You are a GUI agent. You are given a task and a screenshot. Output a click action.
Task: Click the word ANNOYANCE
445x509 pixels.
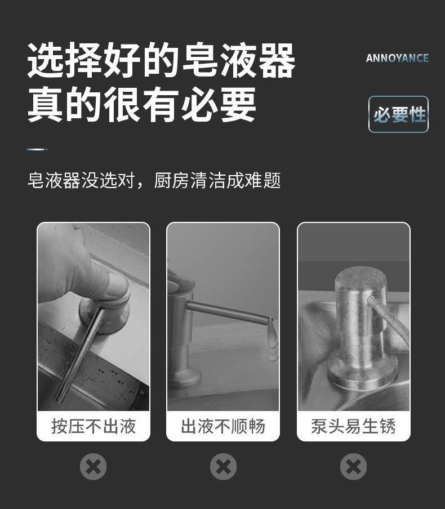[397, 58]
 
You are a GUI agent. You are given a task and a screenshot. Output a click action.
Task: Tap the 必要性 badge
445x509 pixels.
[399, 114]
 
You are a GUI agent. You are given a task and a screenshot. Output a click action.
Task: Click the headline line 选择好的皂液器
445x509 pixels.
[161, 60]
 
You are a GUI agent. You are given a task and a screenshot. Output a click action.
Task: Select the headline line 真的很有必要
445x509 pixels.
[141, 104]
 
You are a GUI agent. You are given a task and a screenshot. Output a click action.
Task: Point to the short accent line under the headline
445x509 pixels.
[37, 149]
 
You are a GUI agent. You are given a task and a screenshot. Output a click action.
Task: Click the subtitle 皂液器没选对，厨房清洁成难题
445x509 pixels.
[154, 181]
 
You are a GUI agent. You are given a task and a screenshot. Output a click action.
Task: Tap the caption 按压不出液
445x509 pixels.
[94, 426]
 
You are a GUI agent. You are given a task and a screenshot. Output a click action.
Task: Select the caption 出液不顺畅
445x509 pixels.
[223, 426]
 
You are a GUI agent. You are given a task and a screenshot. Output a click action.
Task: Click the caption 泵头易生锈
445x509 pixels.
[353, 426]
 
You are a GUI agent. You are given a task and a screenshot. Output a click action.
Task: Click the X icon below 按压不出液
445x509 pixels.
[93, 466]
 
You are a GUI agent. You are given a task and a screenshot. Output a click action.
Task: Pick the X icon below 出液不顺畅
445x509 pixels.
[223, 466]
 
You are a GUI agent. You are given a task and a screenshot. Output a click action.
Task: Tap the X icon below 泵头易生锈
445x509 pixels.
[353, 466]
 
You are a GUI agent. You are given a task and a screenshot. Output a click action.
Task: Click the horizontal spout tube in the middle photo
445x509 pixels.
[228, 312]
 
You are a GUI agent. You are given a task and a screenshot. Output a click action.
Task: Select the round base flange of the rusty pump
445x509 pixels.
[363, 370]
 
